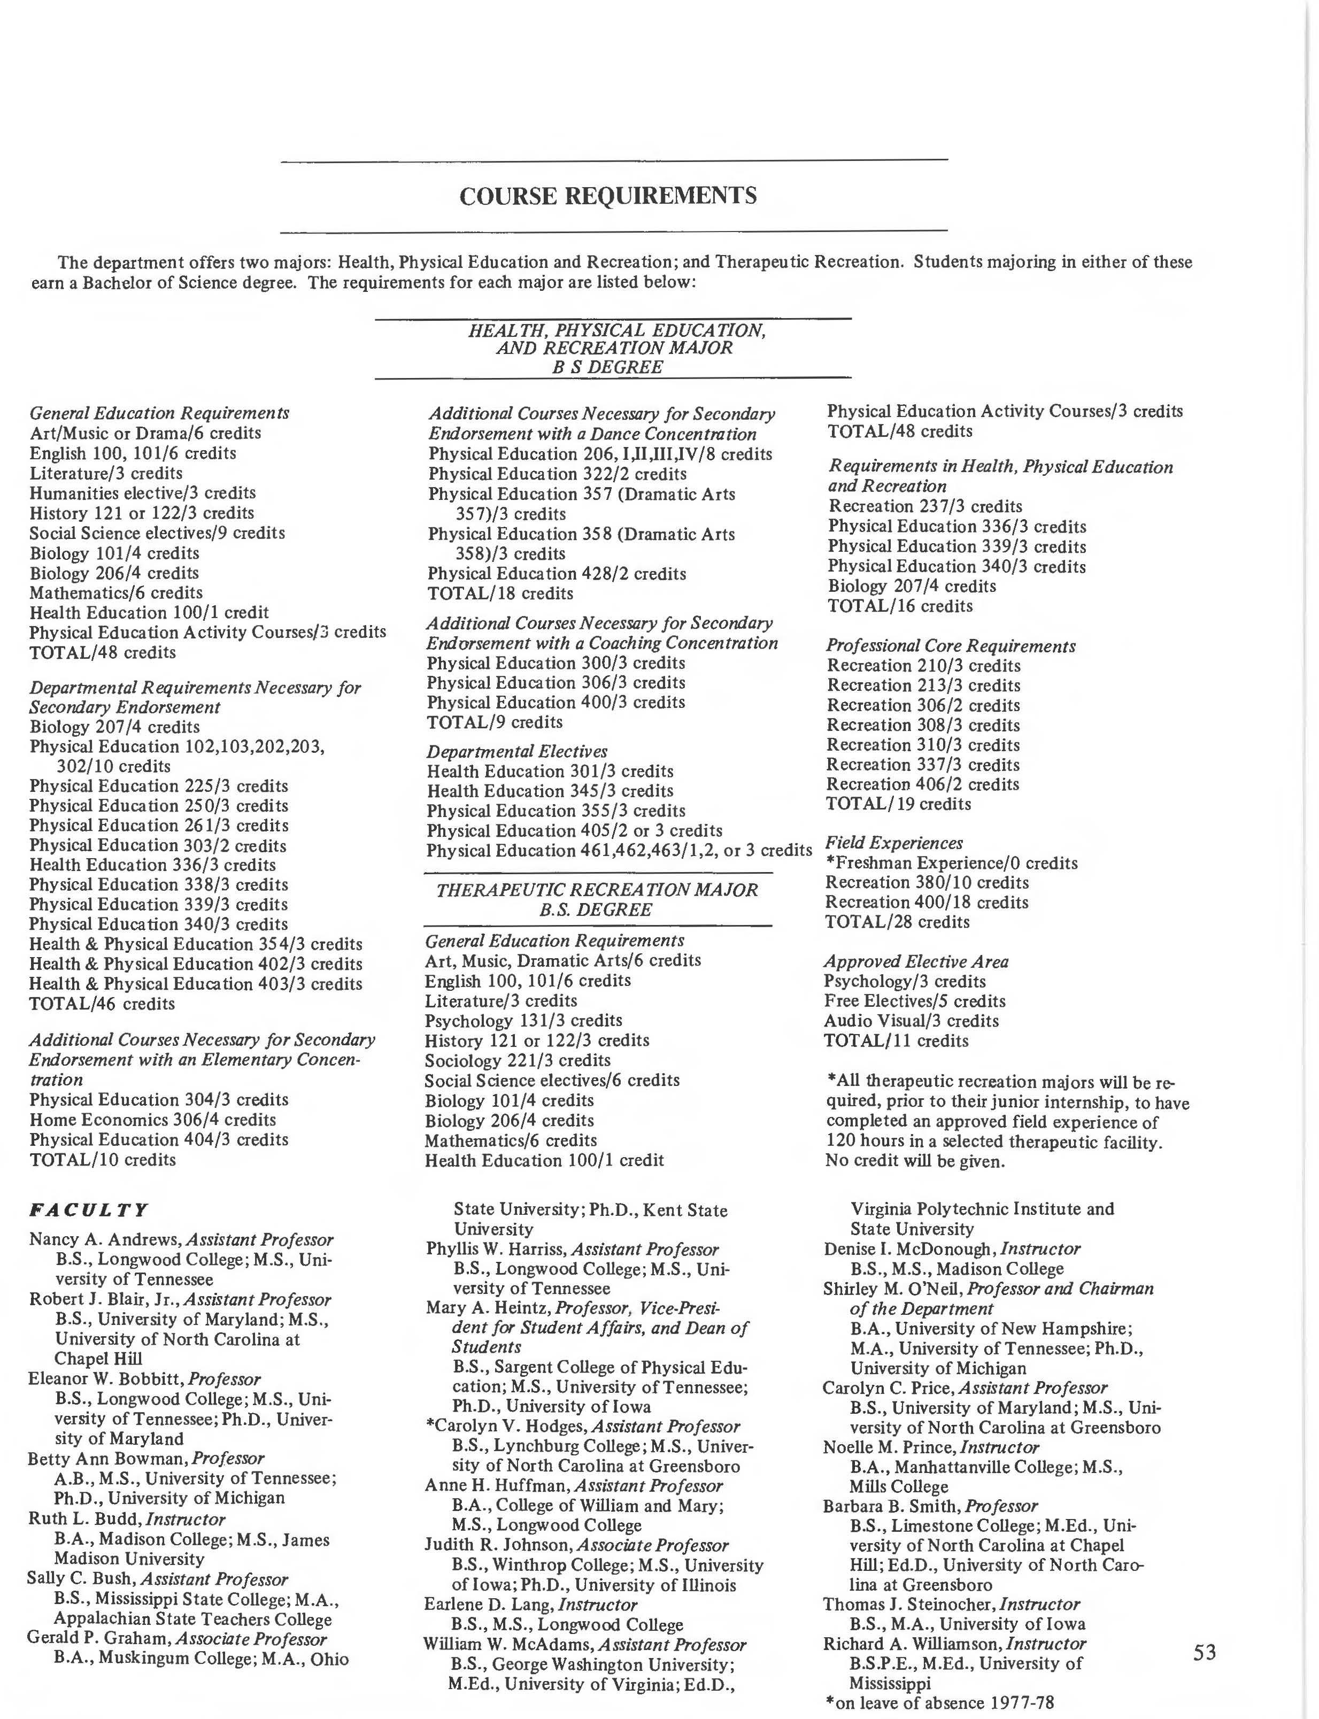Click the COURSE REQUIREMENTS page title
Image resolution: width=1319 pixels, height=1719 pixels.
point(608,196)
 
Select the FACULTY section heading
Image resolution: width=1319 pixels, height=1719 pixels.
point(88,1209)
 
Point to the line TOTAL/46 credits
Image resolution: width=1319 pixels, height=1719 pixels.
point(102,1004)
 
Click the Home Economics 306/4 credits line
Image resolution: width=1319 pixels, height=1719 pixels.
point(152,1119)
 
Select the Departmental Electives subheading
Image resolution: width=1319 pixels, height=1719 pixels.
point(516,751)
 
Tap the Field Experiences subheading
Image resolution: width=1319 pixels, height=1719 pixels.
point(893,843)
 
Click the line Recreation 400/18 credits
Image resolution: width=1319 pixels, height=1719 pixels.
point(927,903)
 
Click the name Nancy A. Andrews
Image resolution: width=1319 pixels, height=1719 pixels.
point(104,1239)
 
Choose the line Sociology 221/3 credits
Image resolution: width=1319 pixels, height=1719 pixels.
point(518,1060)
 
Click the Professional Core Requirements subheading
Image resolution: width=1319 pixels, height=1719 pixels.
point(950,646)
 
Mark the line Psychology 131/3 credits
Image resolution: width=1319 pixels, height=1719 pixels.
point(523,1020)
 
